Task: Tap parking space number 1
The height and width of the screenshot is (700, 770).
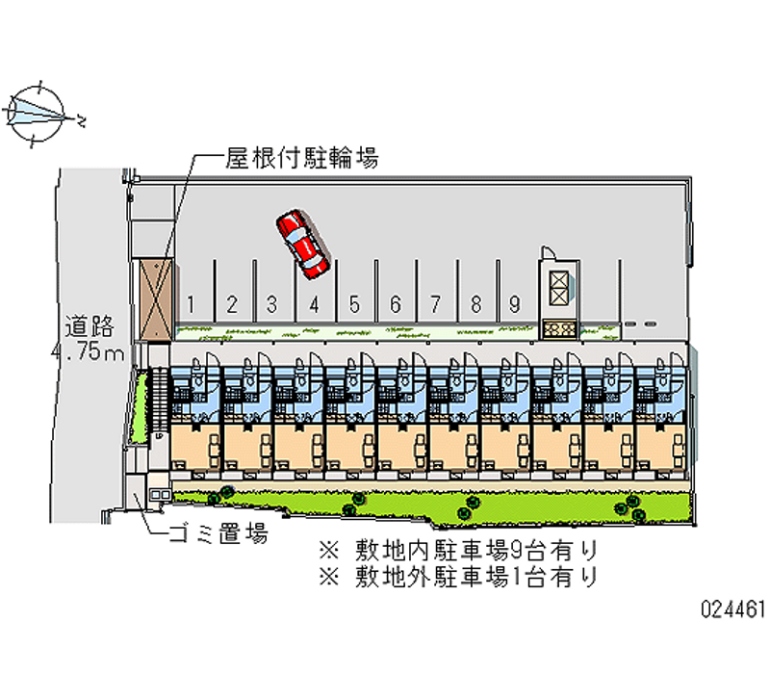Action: [192, 304]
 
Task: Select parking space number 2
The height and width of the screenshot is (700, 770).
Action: [232, 304]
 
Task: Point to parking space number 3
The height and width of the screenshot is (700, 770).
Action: [272, 304]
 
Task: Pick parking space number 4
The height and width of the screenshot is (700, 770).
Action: [314, 304]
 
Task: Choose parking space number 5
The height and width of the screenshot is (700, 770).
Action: [354, 304]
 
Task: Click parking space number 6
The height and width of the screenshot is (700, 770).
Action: [395, 304]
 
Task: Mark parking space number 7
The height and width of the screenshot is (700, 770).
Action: [435, 304]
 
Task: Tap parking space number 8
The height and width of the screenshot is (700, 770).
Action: [475, 304]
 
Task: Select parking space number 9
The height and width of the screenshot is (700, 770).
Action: [516, 304]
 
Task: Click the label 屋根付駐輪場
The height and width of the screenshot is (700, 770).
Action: [300, 157]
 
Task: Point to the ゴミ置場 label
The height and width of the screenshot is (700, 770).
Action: [217, 532]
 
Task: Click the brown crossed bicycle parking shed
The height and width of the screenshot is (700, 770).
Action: [154, 298]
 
